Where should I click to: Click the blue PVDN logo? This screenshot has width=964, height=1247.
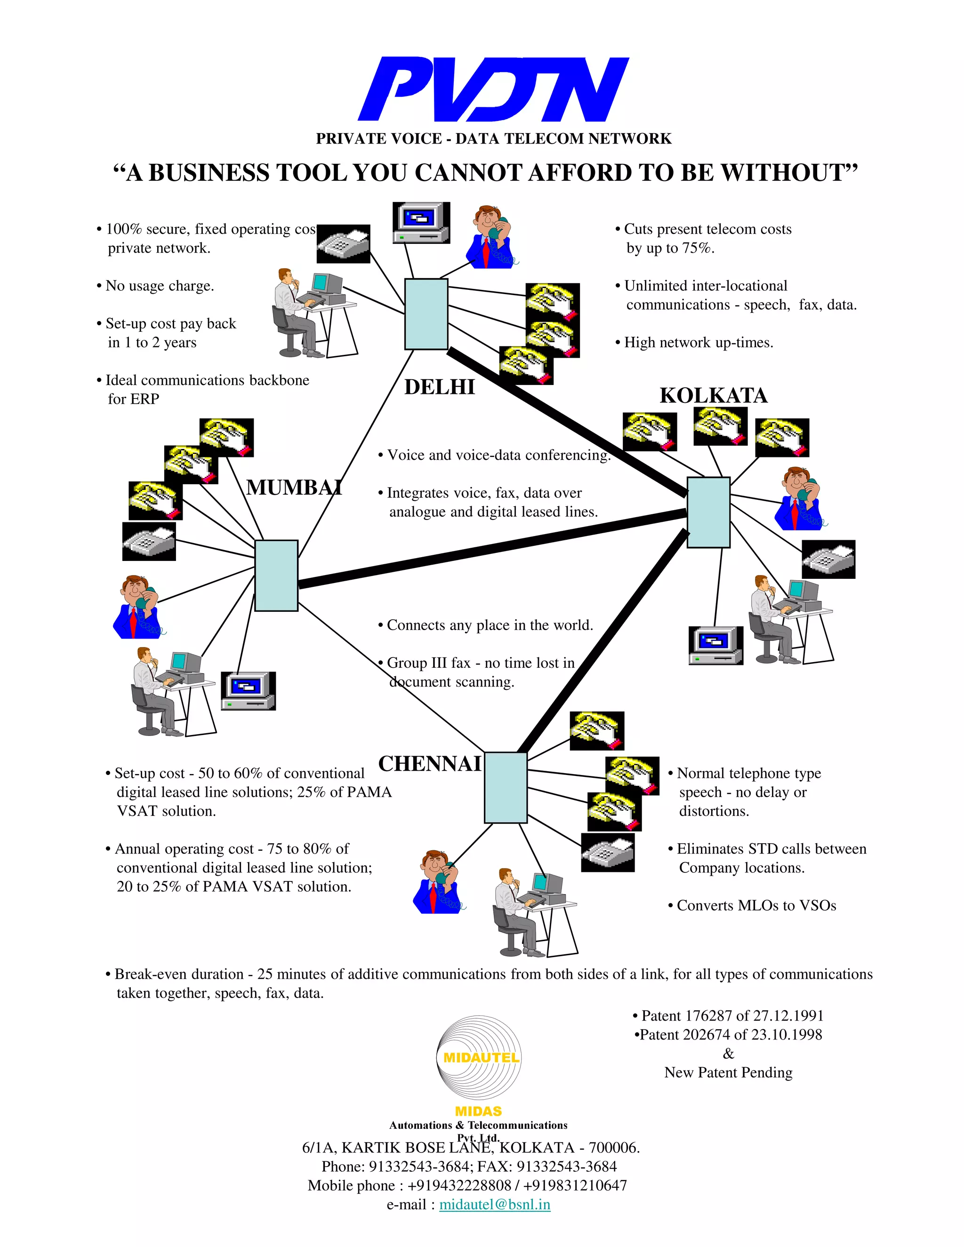click(x=493, y=89)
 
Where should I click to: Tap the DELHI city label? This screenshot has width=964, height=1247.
click(x=439, y=387)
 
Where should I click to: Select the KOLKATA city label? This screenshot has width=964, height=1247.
click(x=713, y=396)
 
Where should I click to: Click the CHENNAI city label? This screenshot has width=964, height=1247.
click(x=429, y=764)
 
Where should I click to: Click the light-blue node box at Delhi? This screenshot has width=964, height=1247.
click(x=426, y=314)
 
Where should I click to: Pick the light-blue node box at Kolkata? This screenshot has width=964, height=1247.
click(x=708, y=512)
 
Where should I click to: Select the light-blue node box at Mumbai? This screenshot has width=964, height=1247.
click(x=276, y=576)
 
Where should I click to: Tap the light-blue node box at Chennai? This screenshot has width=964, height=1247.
click(x=506, y=788)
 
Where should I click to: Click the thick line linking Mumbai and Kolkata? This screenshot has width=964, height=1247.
click(x=491, y=548)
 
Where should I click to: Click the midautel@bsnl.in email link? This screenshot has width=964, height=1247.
click(x=495, y=1205)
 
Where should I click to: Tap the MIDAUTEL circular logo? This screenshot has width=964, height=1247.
click(x=480, y=1057)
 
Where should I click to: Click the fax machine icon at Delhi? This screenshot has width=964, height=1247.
click(x=343, y=244)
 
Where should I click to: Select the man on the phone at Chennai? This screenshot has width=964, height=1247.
click(x=437, y=882)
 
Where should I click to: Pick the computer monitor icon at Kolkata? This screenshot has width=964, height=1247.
click(x=715, y=646)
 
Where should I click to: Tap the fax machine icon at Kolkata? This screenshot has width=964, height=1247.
click(x=828, y=560)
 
